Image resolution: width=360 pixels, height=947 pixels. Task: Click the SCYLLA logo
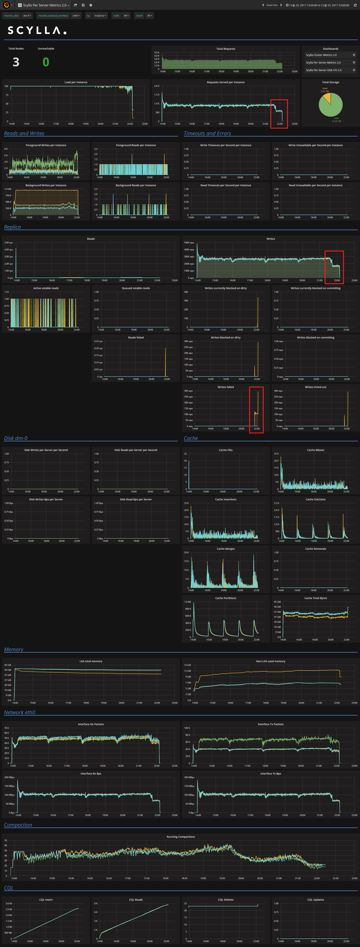tap(37, 30)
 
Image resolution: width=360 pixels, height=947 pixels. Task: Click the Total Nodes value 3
tap(16, 62)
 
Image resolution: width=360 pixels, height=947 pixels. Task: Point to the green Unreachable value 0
tap(46, 62)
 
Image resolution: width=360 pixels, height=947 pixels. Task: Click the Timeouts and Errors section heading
tap(207, 134)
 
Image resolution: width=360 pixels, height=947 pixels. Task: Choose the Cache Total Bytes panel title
tap(316, 598)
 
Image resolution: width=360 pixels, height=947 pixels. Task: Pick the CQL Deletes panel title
tap(225, 900)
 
